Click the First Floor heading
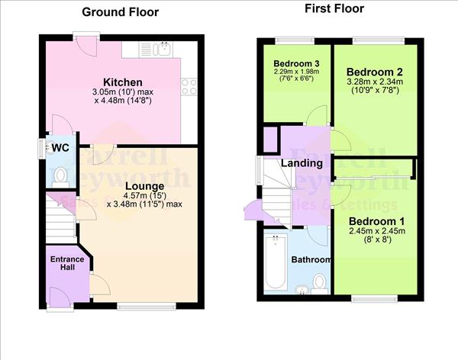334,9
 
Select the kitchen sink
163,50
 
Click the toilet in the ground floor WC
61,178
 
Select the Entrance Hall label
67,264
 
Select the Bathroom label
311,260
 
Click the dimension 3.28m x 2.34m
376,83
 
